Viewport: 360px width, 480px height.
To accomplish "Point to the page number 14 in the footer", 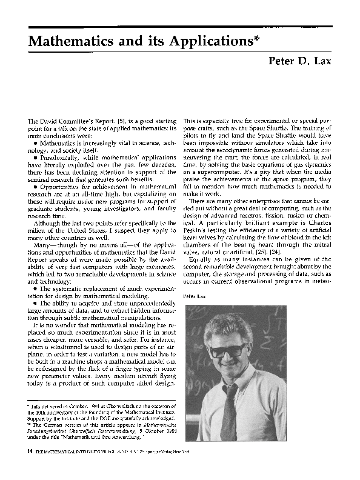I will point(23,451).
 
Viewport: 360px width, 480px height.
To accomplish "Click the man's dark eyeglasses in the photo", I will point(226,349).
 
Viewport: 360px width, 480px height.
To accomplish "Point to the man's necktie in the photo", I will point(228,409).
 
